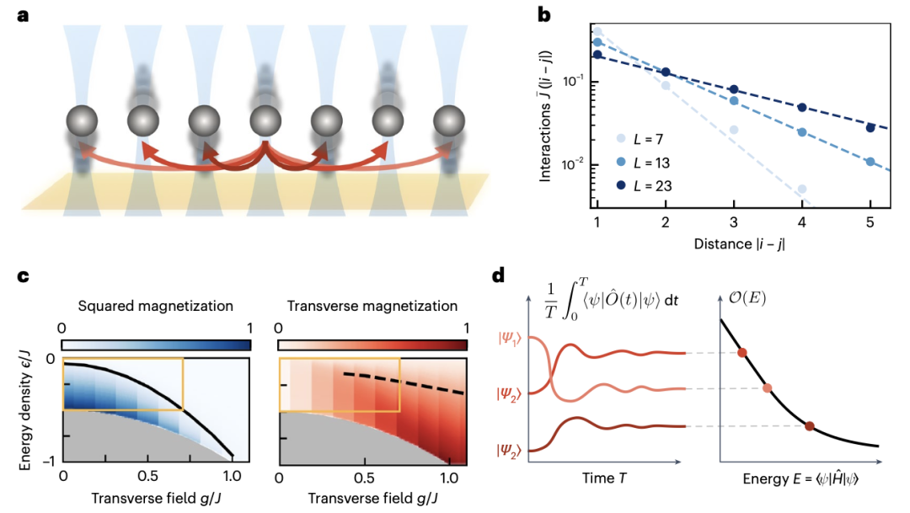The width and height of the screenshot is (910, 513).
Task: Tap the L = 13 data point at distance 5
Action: pos(870,161)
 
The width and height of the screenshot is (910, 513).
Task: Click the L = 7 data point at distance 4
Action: pos(802,189)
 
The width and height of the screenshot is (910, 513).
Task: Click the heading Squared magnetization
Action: pos(155,306)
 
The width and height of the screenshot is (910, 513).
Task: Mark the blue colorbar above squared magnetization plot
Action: pos(156,345)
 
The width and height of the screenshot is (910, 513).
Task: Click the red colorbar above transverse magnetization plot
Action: pos(372,345)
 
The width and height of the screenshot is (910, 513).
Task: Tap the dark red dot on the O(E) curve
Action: pos(810,426)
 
